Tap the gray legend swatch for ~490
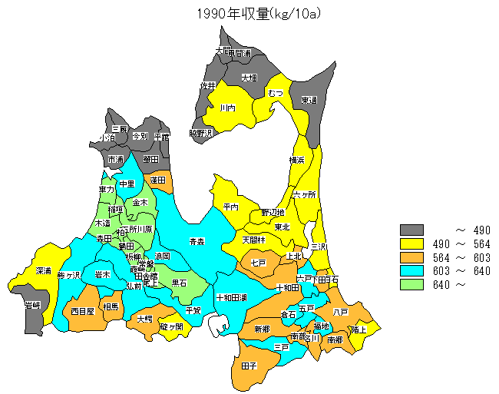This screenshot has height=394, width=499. pyautogui.click(x=412, y=230)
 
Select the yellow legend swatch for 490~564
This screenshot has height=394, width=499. pyautogui.click(x=412, y=244)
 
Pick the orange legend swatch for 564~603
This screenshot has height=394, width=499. pyautogui.click(x=412, y=257)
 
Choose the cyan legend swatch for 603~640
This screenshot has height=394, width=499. pyautogui.click(x=412, y=270)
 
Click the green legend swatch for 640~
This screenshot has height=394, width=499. pyautogui.click(x=412, y=283)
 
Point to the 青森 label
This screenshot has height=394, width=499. pyautogui.click(x=197, y=241)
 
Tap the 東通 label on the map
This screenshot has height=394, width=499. pyautogui.click(x=309, y=100)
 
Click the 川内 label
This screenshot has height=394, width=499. pyautogui.click(x=227, y=108)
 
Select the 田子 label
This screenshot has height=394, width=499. pyautogui.click(x=249, y=366)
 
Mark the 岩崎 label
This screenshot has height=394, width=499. pyautogui.click(x=32, y=306)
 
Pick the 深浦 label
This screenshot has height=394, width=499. pyautogui.click(x=44, y=271)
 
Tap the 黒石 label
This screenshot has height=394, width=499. pyautogui.click(x=178, y=283)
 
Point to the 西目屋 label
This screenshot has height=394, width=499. pyautogui.click(x=82, y=311)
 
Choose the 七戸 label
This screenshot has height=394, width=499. pyautogui.click(x=258, y=263)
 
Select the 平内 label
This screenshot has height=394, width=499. pyautogui.click(x=230, y=207)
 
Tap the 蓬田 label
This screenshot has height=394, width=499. pyautogui.click(x=158, y=180)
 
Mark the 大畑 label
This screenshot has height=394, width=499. pyautogui.click(x=249, y=78)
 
